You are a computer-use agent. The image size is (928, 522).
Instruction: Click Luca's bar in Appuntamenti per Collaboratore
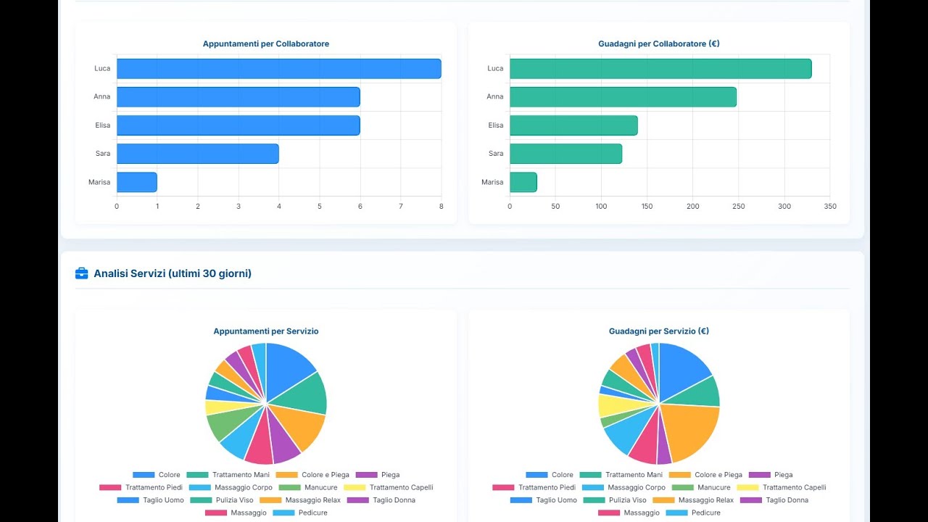click(x=278, y=69)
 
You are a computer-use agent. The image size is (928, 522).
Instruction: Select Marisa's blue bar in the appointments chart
click(x=137, y=182)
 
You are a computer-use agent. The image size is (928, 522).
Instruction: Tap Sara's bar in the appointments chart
click(x=197, y=154)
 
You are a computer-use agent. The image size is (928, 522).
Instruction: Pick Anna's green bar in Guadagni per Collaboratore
click(x=623, y=97)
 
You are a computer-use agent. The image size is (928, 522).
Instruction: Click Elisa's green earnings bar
click(x=573, y=125)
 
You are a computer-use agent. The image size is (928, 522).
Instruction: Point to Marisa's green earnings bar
click(x=523, y=182)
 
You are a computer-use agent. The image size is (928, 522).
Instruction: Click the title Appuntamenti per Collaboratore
click(x=265, y=44)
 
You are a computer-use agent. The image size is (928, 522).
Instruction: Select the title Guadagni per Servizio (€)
click(x=658, y=331)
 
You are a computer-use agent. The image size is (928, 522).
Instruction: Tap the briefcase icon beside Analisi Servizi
click(x=81, y=273)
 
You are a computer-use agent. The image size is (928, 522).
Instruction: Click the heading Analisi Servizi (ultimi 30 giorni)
click(x=173, y=273)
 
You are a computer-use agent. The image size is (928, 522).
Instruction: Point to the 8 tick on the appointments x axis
click(x=441, y=207)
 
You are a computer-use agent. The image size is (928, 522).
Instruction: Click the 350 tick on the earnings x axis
click(x=830, y=207)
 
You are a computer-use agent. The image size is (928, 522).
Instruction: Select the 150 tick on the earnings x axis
click(x=647, y=207)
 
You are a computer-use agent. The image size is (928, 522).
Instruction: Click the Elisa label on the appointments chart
click(x=102, y=125)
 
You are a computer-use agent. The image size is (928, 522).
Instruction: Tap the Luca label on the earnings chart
click(x=495, y=69)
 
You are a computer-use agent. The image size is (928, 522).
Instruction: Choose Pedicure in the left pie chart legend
click(x=310, y=513)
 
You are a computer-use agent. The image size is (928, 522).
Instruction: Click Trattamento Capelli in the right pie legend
click(x=794, y=488)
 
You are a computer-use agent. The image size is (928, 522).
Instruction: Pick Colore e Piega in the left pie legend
click(x=325, y=475)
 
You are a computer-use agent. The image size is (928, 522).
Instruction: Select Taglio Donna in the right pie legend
click(x=786, y=500)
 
